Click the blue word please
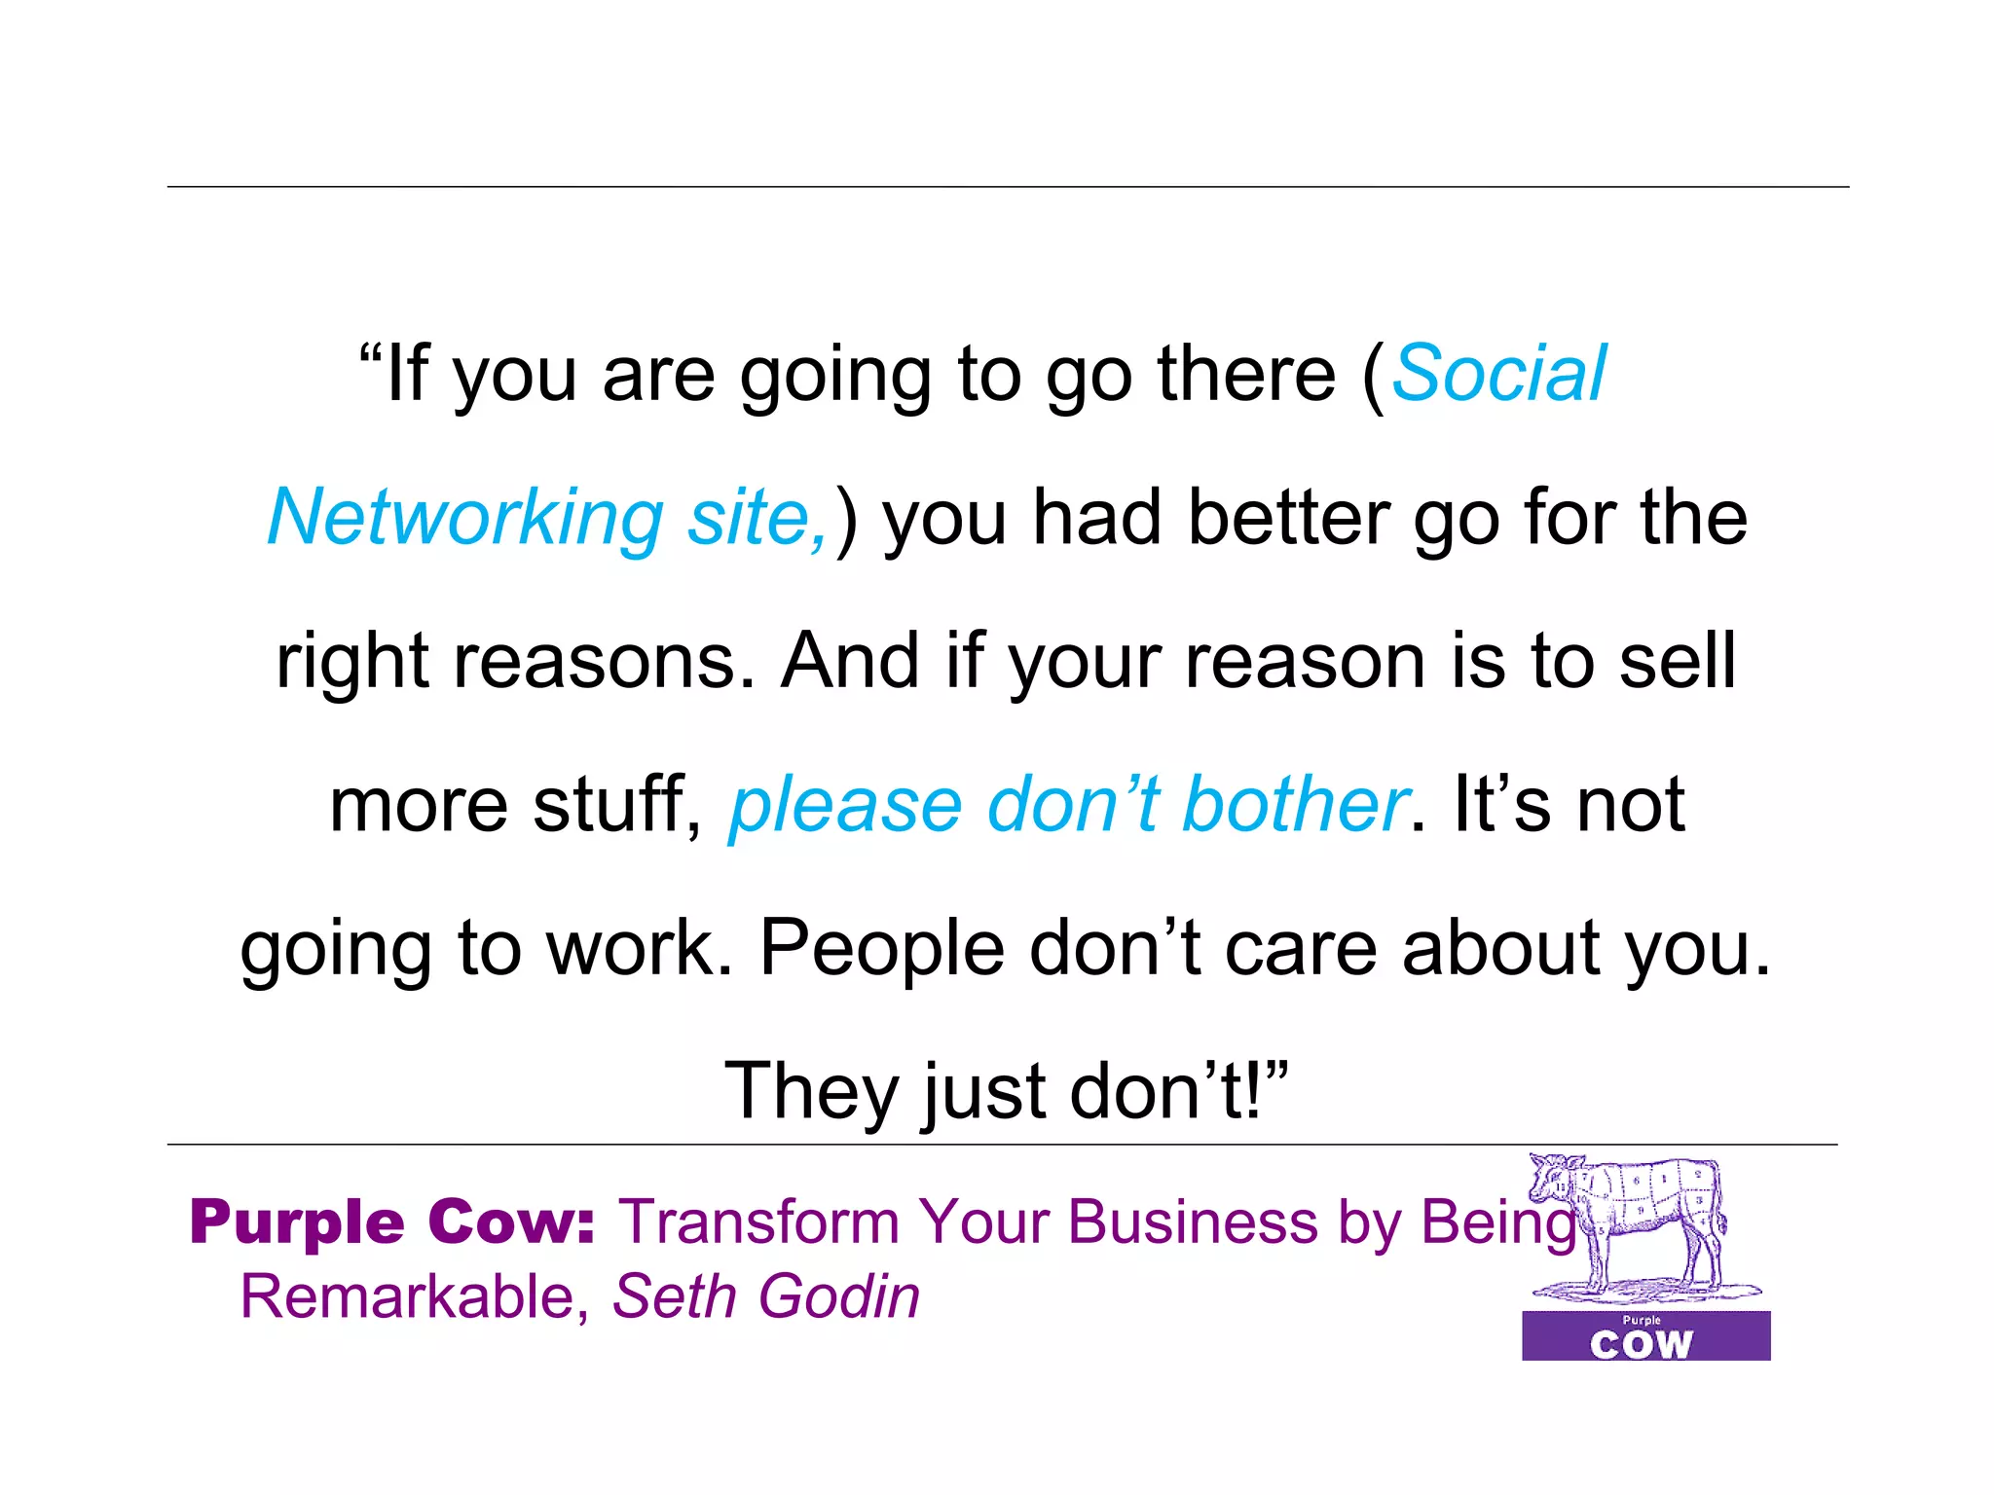[846, 807]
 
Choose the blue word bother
[1295, 805]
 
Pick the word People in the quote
[881, 948]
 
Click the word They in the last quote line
[811, 1092]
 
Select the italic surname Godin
[839, 1297]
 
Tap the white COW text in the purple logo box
[1642, 1345]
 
